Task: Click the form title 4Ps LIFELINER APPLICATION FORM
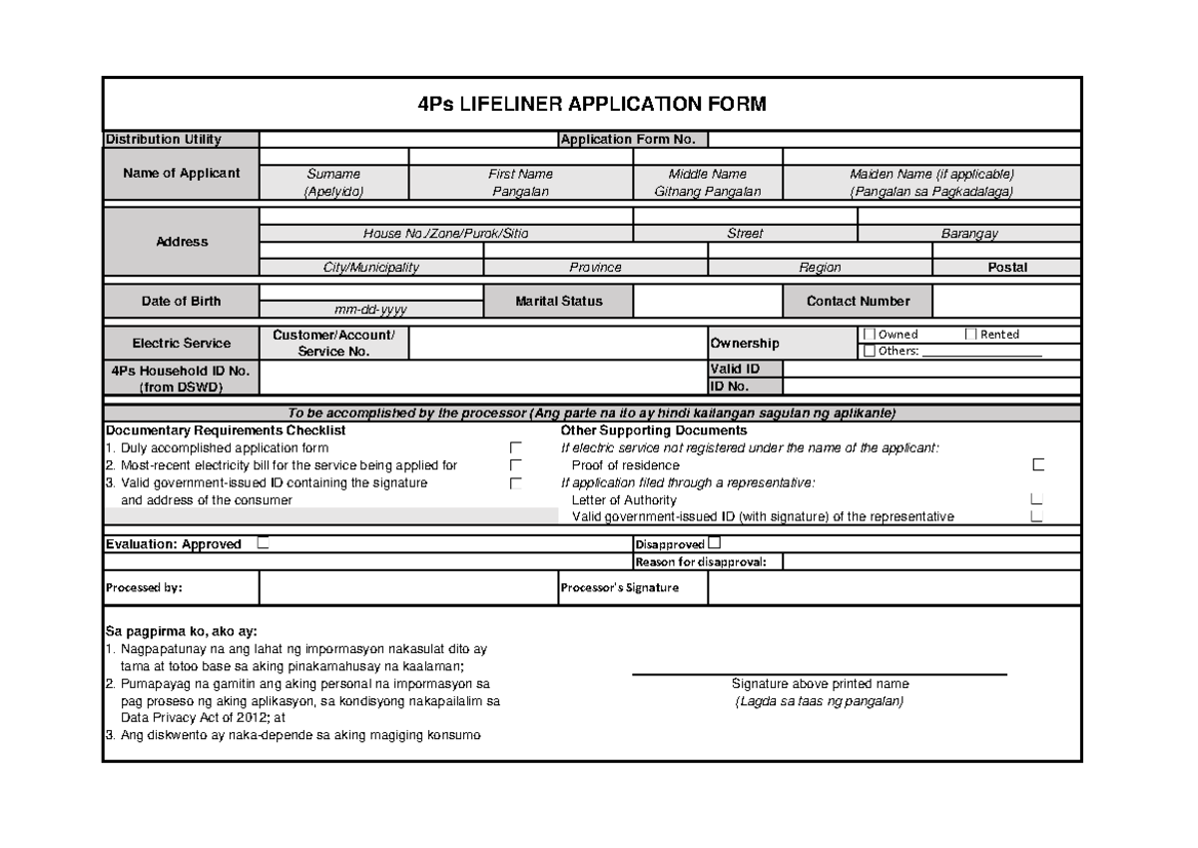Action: click(592, 105)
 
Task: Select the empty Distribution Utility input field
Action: click(407, 139)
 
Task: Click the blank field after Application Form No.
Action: click(894, 139)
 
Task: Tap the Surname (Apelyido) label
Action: click(334, 182)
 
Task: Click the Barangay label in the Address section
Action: click(968, 234)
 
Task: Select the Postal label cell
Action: click(1006, 267)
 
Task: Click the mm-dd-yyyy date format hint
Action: click(370, 310)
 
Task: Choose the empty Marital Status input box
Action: click(707, 301)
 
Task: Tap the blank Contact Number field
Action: click(1006, 301)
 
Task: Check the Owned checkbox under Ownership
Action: click(869, 335)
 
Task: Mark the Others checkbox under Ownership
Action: click(869, 351)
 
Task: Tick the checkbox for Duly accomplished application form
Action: click(515, 448)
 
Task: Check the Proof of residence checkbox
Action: click(1038, 465)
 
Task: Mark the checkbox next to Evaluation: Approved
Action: click(263, 544)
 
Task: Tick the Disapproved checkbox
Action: click(713, 544)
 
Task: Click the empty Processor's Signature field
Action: click(894, 588)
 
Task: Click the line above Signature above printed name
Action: click(819, 674)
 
